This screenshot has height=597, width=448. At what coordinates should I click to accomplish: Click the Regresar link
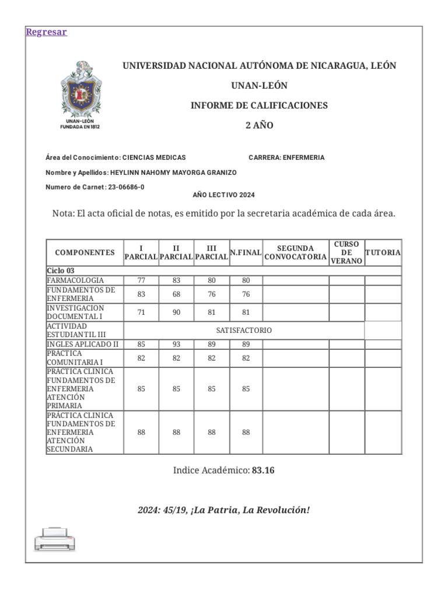46,32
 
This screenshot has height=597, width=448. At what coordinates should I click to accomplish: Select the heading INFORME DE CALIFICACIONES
259,106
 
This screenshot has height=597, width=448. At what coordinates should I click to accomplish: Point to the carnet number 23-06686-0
127,187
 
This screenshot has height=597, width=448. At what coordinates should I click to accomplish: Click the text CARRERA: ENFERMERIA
286,157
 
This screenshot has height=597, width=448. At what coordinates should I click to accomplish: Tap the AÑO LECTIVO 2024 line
223,195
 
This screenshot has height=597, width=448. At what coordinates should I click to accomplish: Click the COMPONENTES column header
85,252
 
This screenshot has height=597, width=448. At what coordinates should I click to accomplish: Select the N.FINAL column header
246,252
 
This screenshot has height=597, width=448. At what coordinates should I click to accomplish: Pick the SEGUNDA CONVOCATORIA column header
295,252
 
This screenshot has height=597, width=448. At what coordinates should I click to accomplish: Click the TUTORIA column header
383,252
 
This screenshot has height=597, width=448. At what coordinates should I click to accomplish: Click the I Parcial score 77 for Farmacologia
141,280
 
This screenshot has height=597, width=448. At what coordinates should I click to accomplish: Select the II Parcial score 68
177,294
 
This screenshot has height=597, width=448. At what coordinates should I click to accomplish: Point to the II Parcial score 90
177,312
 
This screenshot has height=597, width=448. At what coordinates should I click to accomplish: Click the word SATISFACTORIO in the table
244,331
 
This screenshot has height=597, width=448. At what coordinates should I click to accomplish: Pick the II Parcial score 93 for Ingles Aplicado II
177,345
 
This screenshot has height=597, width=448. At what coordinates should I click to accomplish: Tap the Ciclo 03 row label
61,271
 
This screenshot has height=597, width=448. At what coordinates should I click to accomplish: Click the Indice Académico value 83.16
263,470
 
